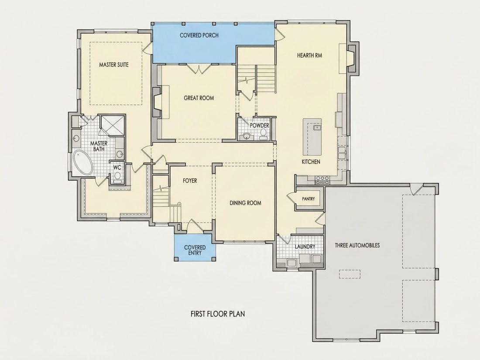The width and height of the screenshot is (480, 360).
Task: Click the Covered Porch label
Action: click(x=199, y=35)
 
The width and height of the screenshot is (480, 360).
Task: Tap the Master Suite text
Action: click(x=114, y=65)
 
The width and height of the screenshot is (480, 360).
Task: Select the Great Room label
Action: click(x=199, y=98)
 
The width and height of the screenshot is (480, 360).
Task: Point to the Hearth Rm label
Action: click(x=309, y=55)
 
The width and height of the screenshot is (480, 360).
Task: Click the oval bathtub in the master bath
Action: click(x=82, y=162)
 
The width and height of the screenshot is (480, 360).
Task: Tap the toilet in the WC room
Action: click(x=117, y=177)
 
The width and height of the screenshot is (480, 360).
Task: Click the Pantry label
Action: click(x=308, y=199)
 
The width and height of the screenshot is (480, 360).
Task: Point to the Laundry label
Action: click(x=305, y=247)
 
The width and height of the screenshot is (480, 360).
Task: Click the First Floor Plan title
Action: click(x=218, y=314)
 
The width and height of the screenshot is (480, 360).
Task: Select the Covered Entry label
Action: click(x=195, y=250)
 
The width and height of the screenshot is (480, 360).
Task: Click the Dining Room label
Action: click(x=246, y=203)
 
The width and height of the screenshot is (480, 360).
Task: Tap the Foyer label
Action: click(x=190, y=181)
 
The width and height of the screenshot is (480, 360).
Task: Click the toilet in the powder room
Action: click(x=263, y=134)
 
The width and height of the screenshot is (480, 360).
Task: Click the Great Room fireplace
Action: click(x=157, y=102)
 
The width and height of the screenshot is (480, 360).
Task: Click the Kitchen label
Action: click(x=311, y=161)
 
